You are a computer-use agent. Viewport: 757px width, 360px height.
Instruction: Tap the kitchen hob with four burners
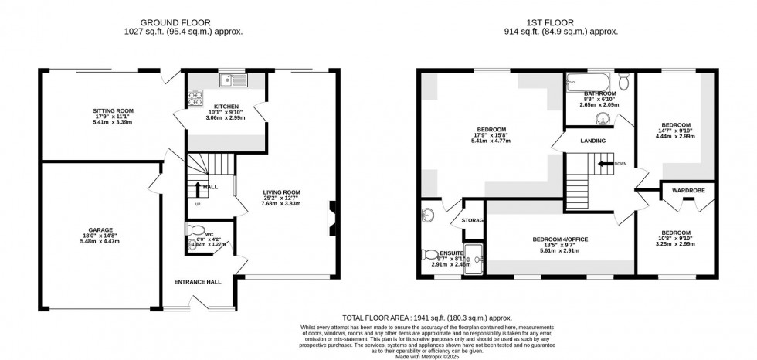tap(194, 98)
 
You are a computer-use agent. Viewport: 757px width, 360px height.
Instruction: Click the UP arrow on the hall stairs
tap(199, 188)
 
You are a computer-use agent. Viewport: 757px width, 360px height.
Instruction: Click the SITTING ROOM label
tap(107, 111)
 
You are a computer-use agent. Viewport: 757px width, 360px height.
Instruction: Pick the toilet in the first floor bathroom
tap(624, 80)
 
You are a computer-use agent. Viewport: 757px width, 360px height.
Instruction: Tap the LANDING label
tap(592, 141)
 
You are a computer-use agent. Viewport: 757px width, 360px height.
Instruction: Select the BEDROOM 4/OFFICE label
tap(560, 240)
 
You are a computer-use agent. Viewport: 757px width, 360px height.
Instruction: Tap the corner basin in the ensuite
tap(427, 215)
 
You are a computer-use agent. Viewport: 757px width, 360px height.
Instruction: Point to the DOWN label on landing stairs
tap(620, 164)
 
